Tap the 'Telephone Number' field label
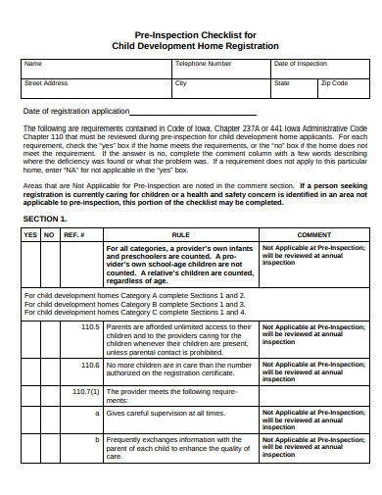coord(204,64)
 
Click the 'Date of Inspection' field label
coord(301,64)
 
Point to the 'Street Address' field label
coord(46,83)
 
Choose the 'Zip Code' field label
coord(334,83)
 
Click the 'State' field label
coord(282,83)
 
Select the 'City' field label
coord(180,83)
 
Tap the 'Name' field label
coord(33,64)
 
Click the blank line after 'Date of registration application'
coord(172,112)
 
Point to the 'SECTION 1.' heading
coord(45,219)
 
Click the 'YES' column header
coord(31,235)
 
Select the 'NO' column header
coord(49,235)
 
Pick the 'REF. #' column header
coord(73,235)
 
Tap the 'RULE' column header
coord(181,235)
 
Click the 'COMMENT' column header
coord(314,235)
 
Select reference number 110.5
coord(90,326)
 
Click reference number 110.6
coord(90,365)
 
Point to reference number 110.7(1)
coord(86,390)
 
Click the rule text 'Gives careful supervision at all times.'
coord(167,414)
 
